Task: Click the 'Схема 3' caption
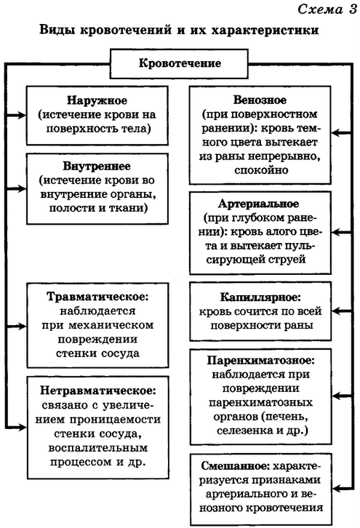point(327,9)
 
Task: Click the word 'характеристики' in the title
point(265,30)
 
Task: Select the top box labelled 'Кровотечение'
point(179,64)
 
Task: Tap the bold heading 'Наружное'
point(97,100)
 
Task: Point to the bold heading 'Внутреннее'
point(97,166)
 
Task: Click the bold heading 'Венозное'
point(260,100)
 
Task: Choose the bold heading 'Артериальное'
point(258,204)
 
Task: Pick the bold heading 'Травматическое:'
point(97,297)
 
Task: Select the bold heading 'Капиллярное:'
point(260,297)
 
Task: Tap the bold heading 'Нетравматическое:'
point(98,391)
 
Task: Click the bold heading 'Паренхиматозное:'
point(260,360)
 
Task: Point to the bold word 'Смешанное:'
point(236,466)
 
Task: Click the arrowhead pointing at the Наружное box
point(22,115)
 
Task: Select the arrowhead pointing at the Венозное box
point(336,133)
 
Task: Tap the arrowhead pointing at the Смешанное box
point(337,488)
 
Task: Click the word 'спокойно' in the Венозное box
point(261,170)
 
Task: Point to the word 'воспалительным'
point(98,448)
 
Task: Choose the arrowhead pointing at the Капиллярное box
point(336,311)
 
